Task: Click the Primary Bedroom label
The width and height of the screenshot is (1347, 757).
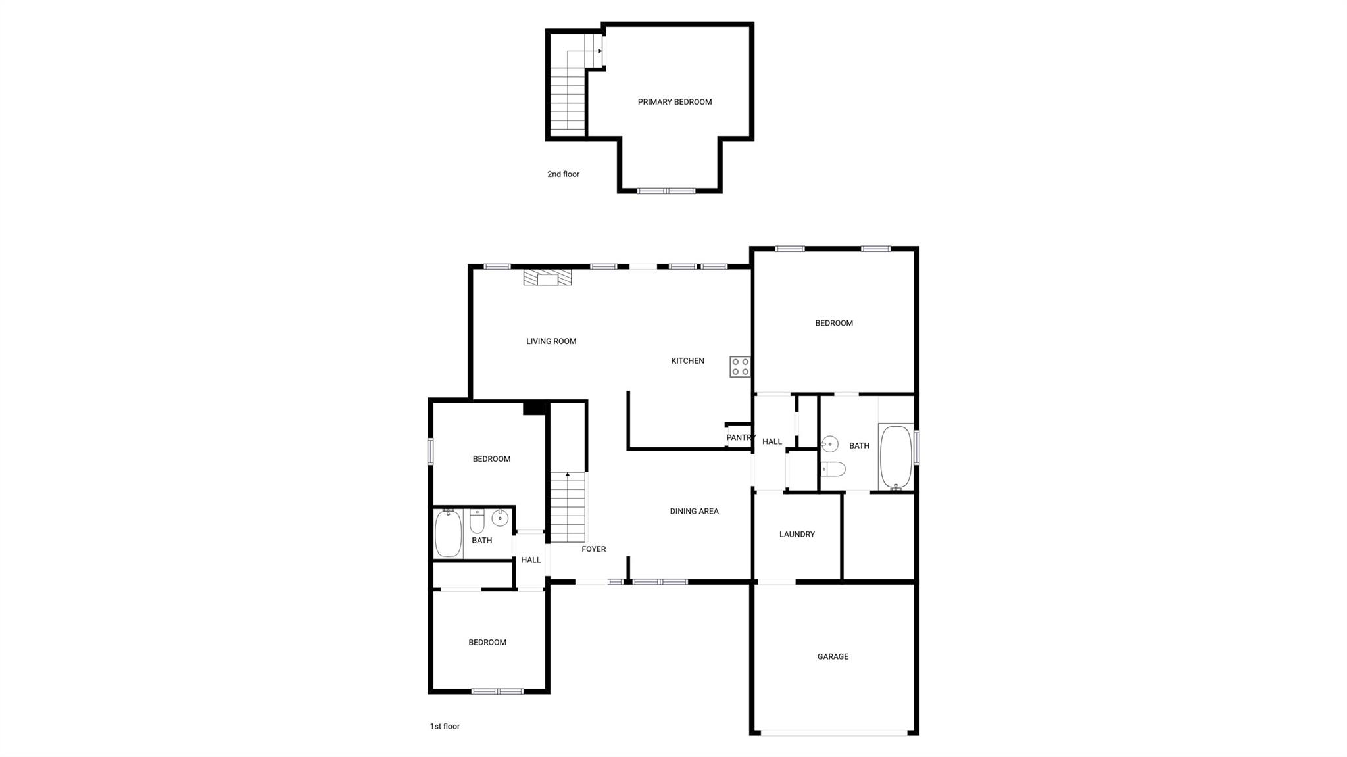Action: (x=674, y=102)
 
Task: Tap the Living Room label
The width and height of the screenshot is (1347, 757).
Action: (x=551, y=341)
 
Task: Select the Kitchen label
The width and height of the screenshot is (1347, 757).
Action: (x=687, y=361)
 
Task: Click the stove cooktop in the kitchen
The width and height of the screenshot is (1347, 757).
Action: (x=740, y=366)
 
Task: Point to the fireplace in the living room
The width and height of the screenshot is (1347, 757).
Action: (x=547, y=278)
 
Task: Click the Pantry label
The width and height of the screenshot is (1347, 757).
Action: (x=740, y=438)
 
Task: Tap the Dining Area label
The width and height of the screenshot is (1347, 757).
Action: (x=694, y=511)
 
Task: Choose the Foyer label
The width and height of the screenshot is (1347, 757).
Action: (x=593, y=549)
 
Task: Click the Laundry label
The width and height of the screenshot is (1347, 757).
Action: (x=796, y=535)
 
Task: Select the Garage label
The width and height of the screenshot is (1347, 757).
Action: (x=833, y=656)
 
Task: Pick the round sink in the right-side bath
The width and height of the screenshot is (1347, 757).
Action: (x=830, y=445)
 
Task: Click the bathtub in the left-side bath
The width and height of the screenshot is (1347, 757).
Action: (x=448, y=533)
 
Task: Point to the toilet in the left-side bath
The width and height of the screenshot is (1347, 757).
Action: (x=478, y=521)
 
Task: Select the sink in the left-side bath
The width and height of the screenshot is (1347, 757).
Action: (x=500, y=518)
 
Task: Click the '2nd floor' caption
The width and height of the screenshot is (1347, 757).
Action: (x=563, y=174)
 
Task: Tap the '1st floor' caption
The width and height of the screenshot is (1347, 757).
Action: (x=445, y=726)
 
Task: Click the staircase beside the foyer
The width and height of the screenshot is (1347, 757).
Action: (x=567, y=508)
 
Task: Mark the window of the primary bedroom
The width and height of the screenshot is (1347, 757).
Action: (x=666, y=191)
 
